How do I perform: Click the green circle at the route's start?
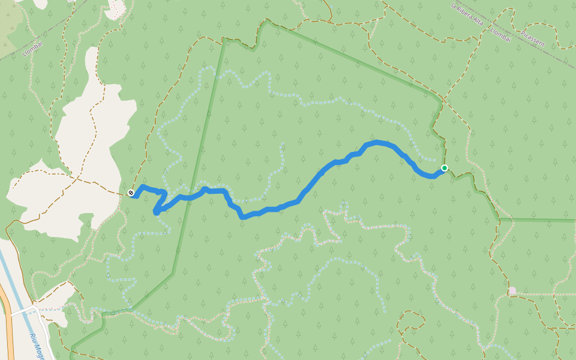[445, 168]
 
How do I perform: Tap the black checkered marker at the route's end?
[131, 193]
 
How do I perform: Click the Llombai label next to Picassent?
[500, 34]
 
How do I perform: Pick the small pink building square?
[512, 291]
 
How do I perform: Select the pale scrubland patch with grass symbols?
[9, 30]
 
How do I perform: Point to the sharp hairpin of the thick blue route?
[157, 211]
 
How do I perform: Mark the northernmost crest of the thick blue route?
[377, 142]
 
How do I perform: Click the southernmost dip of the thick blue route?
[243, 217]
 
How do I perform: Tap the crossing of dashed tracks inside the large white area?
[77, 178]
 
